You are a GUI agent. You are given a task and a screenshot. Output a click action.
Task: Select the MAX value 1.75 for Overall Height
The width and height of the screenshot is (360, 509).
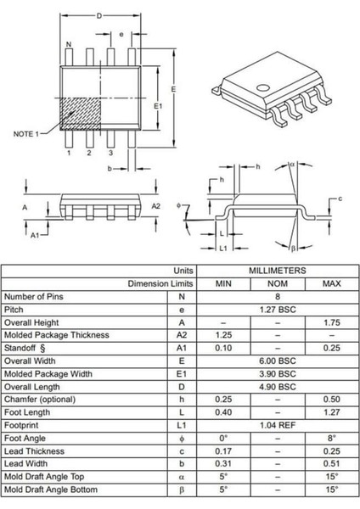click(332, 322)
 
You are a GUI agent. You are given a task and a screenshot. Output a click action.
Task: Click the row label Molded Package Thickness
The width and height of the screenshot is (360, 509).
click(57, 335)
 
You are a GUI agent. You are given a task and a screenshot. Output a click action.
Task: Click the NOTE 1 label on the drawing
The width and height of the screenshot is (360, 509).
click(25, 134)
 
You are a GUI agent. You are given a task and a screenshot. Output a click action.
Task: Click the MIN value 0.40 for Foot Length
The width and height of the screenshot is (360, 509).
click(223, 413)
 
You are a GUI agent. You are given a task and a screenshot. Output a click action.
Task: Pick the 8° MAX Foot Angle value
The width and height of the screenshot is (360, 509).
click(332, 439)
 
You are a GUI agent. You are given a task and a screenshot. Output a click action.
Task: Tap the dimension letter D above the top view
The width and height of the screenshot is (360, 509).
click(99, 15)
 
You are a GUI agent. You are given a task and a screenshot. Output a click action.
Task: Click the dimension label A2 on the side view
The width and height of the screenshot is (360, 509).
click(156, 206)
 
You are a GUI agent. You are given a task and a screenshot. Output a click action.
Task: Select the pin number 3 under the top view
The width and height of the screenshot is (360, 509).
click(110, 154)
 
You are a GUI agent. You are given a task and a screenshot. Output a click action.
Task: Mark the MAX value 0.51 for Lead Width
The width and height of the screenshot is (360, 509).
click(332, 464)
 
